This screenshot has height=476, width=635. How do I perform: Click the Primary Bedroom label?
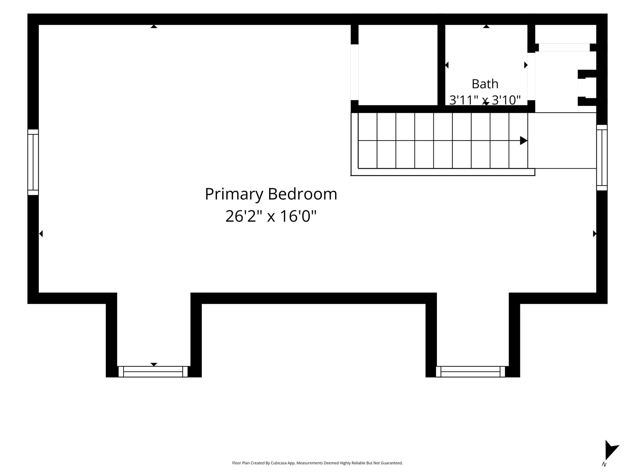coord(271,195)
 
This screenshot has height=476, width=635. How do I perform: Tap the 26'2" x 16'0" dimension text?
coord(271,216)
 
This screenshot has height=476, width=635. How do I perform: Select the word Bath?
coord(485,84)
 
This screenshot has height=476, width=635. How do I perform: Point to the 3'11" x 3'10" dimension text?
coord(485,100)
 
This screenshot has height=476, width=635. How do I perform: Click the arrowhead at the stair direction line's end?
coord(524,140)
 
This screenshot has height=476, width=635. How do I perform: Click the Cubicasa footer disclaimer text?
coord(317,463)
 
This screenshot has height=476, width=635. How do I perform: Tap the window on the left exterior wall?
coord(33,162)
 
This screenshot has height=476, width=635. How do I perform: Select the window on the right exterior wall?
coord(602,157)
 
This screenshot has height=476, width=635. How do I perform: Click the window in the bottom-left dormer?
coord(153,372)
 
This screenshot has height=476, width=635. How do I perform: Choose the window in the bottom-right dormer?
coord(470,372)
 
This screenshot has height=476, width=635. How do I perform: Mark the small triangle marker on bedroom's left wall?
coord(41,234)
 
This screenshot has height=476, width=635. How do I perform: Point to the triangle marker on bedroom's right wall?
coord(595,234)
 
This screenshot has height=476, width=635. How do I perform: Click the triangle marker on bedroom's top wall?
coord(154,27)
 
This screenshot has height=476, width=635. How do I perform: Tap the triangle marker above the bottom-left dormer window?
coord(154,364)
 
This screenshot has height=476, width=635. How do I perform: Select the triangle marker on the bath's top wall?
coord(486,27)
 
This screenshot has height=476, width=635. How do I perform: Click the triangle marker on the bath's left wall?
coord(447,65)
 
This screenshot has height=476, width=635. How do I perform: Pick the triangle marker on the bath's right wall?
coord(526,65)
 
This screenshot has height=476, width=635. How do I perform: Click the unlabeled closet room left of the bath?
coord(398,65)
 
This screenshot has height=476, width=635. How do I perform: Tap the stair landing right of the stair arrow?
coord(562,140)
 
